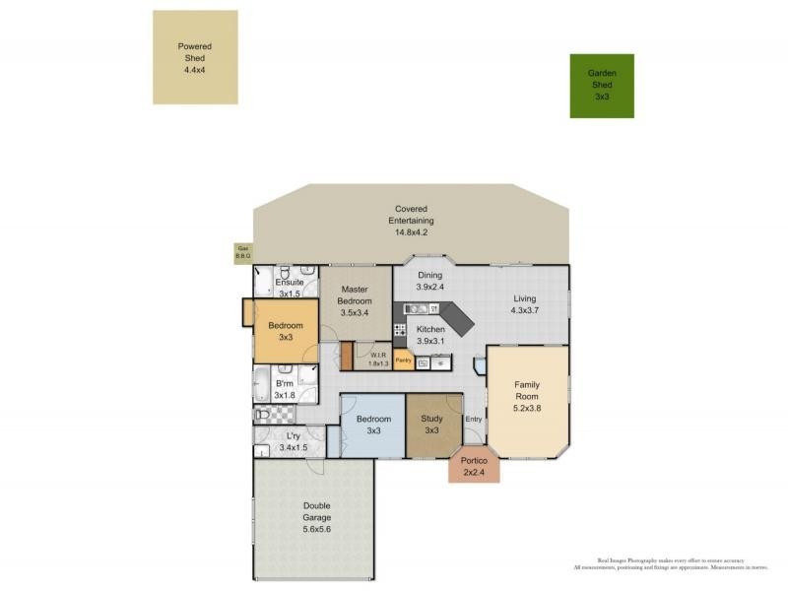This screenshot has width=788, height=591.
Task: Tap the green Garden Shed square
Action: tap(601, 86)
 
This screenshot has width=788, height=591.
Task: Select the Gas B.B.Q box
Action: tap(242, 253)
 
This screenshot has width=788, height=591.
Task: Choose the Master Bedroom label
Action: tap(355, 300)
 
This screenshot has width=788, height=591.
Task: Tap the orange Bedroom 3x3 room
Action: tap(284, 331)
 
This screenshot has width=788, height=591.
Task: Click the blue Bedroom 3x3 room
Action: tap(373, 425)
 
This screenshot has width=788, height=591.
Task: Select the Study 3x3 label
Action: tap(431, 425)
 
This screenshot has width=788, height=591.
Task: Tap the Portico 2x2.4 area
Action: tap(474, 466)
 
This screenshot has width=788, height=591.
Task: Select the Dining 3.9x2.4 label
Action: tap(430, 281)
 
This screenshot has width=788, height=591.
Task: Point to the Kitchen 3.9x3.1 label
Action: tap(431, 335)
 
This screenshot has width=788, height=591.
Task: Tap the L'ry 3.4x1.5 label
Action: tap(294, 441)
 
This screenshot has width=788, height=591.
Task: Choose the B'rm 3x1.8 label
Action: tap(285, 389)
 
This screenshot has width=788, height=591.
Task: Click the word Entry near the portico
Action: tap(474, 419)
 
